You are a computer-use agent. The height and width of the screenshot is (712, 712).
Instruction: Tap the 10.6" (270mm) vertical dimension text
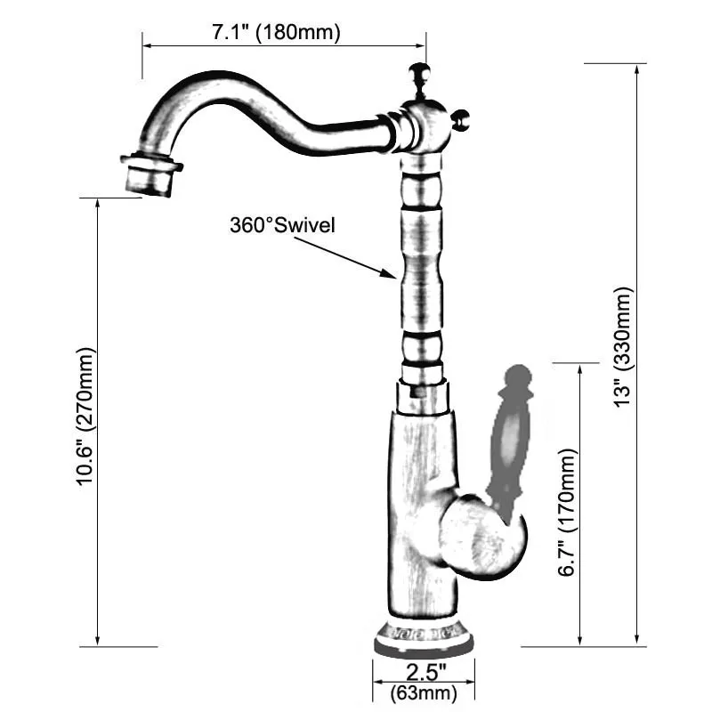[x=85, y=417]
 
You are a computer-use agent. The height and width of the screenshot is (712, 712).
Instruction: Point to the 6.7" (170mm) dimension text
[x=569, y=512]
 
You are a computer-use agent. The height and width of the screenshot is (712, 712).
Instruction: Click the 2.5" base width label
[x=424, y=670]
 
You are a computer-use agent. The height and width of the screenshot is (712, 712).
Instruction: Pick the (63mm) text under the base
[x=424, y=692]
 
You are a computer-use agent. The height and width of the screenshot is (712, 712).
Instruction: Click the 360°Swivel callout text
[x=282, y=225]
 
